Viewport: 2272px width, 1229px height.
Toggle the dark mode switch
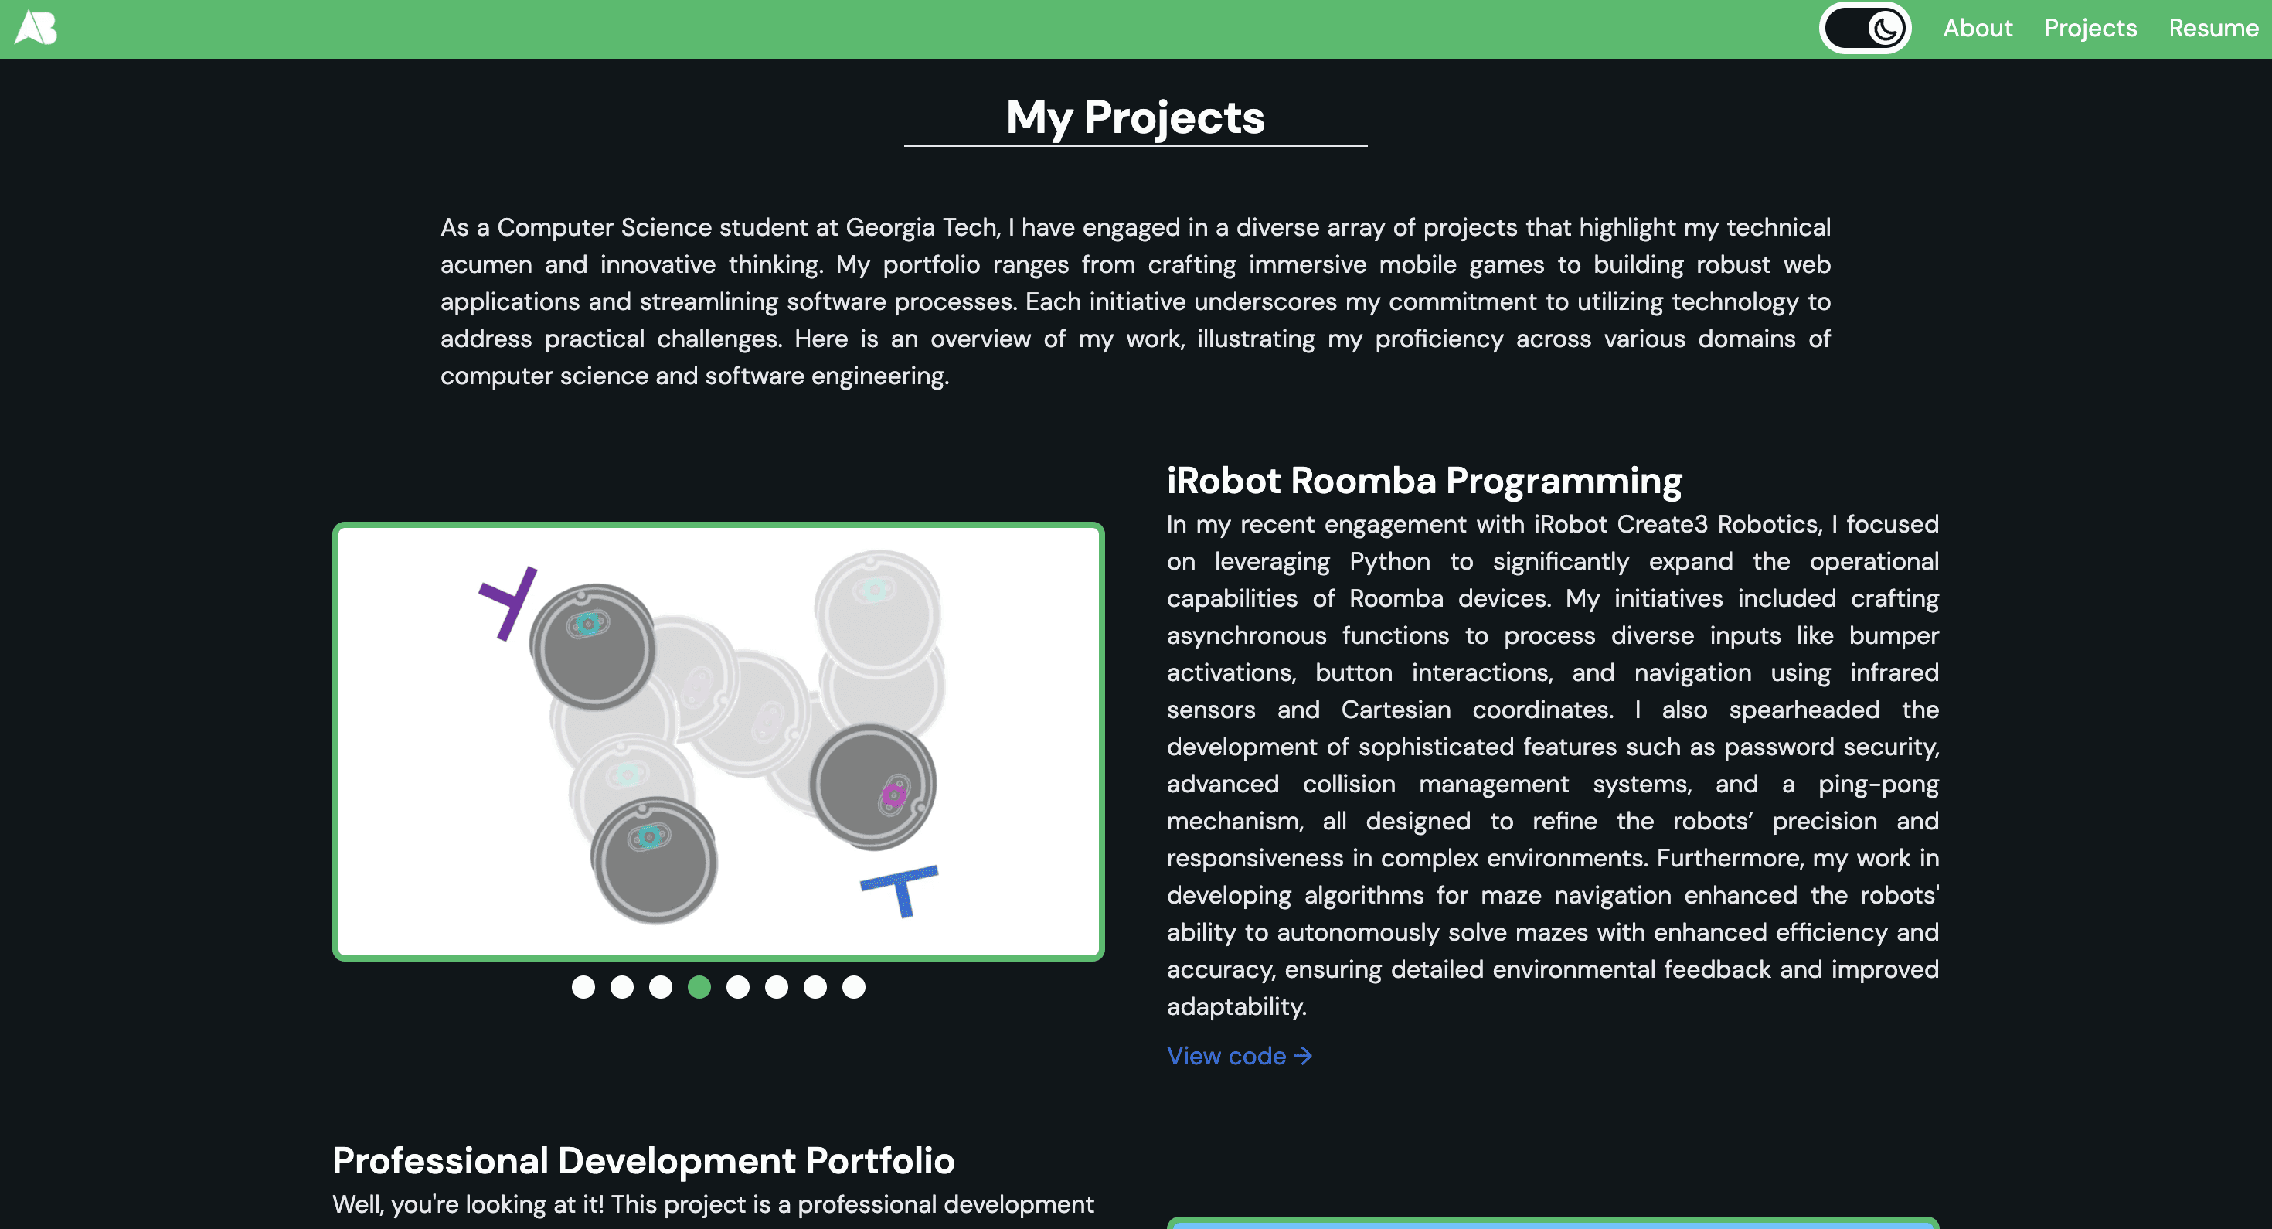1865,29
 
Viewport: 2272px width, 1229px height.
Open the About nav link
1978,29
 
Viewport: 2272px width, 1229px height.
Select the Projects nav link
2090,29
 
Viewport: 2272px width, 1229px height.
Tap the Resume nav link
2213,29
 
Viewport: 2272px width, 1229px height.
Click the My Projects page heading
1135,117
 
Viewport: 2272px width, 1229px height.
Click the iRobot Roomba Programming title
1424,481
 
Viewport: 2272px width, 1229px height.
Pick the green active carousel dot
699,987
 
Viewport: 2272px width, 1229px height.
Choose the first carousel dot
583,987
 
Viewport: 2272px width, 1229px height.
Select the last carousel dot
854,987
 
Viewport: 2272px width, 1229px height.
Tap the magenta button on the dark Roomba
893,796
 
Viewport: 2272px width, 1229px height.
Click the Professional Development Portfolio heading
643,1161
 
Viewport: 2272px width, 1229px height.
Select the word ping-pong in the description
1879,785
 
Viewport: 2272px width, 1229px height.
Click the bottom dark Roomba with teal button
654,861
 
